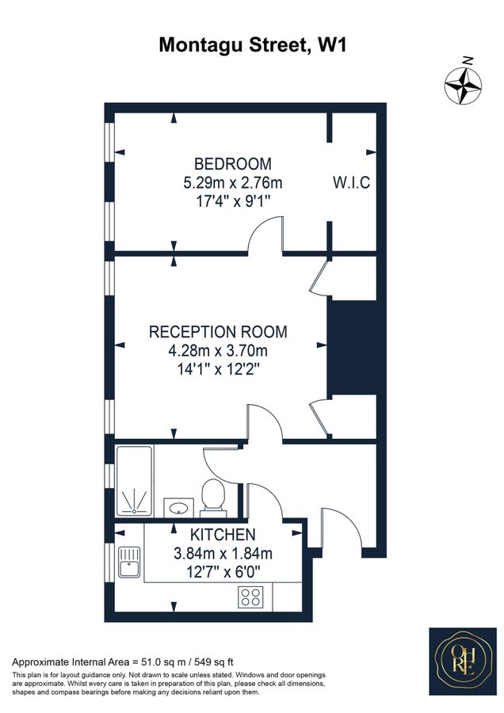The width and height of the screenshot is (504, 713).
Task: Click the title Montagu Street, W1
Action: [252, 45]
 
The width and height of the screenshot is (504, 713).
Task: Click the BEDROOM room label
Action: [232, 164]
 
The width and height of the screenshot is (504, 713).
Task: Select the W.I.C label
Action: [351, 183]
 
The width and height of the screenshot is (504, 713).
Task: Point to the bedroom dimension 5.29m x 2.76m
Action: [232, 183]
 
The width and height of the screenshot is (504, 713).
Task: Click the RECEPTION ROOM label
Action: [218, 332]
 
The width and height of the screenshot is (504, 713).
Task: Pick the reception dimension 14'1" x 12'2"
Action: [218, 368]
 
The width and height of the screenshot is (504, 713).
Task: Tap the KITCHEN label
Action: [222, 535]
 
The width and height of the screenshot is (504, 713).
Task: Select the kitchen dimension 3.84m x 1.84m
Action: [222, 553]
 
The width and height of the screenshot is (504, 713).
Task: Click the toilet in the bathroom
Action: [212, 496]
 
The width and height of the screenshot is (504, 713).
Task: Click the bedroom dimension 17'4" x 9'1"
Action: [232, 201]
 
